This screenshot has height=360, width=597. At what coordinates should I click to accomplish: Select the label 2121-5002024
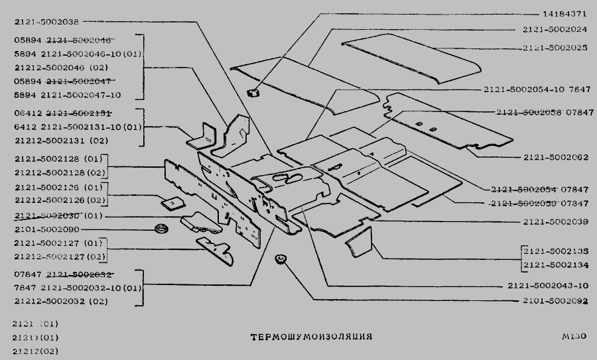tap(555, 30)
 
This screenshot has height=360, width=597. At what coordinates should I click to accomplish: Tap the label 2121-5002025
tap(555, 48)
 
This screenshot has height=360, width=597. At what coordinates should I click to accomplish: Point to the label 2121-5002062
tap(555, 157)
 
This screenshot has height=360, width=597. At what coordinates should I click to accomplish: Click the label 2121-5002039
tap(555, 221)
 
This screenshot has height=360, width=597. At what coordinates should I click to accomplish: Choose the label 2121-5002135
tap(555, 252)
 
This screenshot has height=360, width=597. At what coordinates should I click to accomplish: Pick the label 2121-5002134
tap(555, 266)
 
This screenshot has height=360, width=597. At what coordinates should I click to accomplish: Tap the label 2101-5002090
tap(46, 229)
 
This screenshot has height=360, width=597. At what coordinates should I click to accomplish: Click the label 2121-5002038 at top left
tap(46, 21)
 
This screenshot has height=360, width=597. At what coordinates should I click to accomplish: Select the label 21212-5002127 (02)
tap(60, 257)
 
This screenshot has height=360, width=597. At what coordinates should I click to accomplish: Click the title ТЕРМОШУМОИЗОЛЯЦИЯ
tap(311, 337)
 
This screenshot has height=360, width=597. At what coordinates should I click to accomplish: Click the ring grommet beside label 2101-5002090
tap(160, 229)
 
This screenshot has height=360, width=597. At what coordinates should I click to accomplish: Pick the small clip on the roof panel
tap(253, 91)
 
